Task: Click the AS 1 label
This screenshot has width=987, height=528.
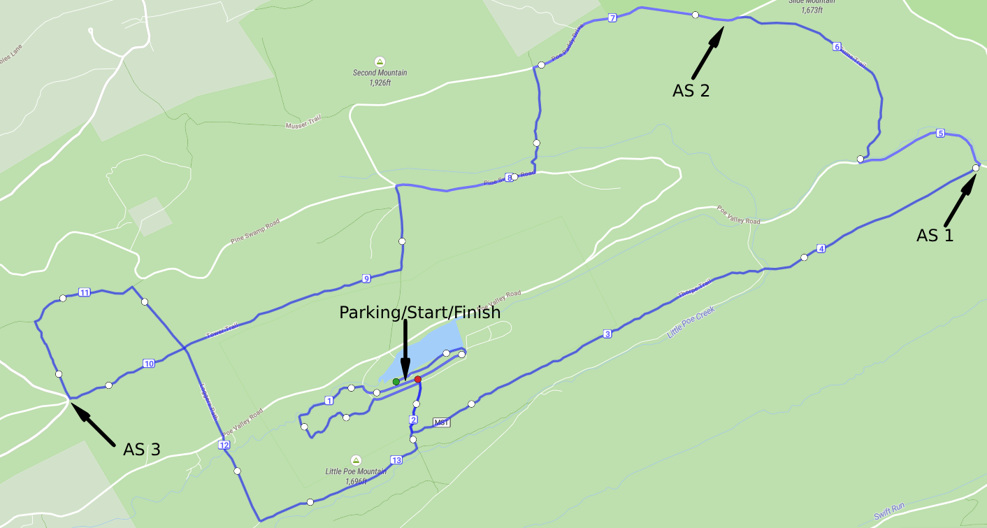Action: click(x=935, y=236)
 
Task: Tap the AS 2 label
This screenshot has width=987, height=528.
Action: click(x=691, y=90)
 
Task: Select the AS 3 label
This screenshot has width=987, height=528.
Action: click(x=142, y=449)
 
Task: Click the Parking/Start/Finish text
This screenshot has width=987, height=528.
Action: click(x=419, y=313)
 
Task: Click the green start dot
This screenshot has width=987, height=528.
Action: click(x=396, y=381)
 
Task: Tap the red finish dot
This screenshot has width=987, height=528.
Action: click(x=418, y=379)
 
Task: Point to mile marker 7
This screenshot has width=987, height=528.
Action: click(x=612, y=18)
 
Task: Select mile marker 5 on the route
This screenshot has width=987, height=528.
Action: click(x=940, y=133)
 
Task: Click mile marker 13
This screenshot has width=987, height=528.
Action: click(x=396, y=460)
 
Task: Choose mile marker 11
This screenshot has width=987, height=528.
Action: click(x=85, y=292)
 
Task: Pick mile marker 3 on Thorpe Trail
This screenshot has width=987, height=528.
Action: click(x=607, y=334)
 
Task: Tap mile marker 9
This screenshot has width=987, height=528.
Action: click(x=366, y=279)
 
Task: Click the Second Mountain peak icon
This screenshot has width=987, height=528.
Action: click(x=380, y=61)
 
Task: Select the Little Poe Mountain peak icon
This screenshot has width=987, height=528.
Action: click(x=356, y=459)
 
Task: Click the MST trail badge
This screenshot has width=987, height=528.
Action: click(x=441, y=422)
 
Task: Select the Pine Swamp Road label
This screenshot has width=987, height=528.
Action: click(x=255, y=231)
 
